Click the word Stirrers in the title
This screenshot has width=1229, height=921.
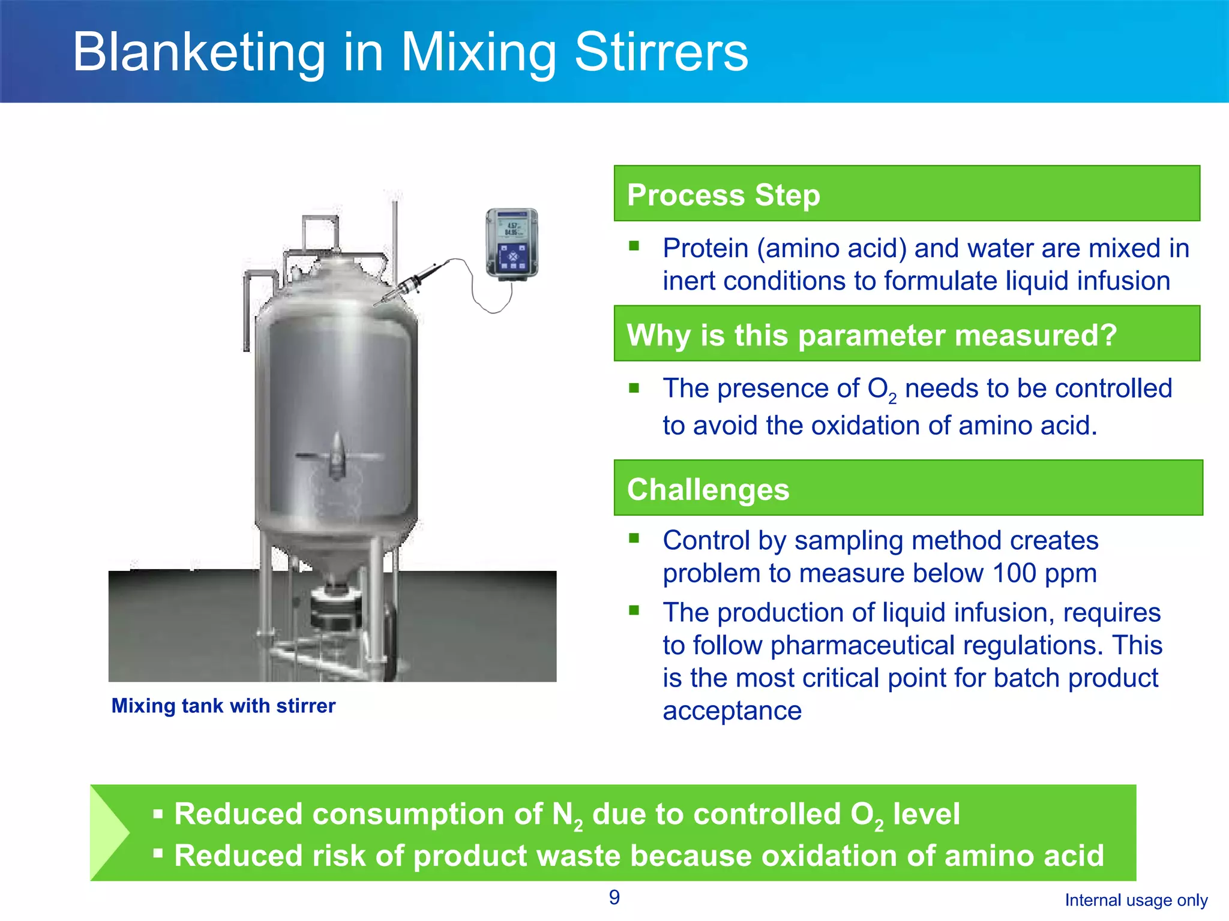click(x=661, y=53)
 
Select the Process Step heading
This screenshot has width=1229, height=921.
click(x=723, y=195)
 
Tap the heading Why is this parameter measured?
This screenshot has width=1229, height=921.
click(x=871, y=335)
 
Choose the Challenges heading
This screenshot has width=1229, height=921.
click(x=708, y=489)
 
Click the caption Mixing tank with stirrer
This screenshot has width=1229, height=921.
click(x=223, y=706)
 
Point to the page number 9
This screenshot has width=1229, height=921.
click(x=614, y=897)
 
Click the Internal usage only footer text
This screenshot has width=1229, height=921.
click(x=1136, y=900)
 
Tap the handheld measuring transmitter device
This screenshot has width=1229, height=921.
click(x=511, y=243)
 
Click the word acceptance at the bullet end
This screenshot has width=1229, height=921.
click(x=732, y=711)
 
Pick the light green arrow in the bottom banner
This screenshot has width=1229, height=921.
click(x=111, y=832)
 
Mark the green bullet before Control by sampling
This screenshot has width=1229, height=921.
click(x=634, y=538)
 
